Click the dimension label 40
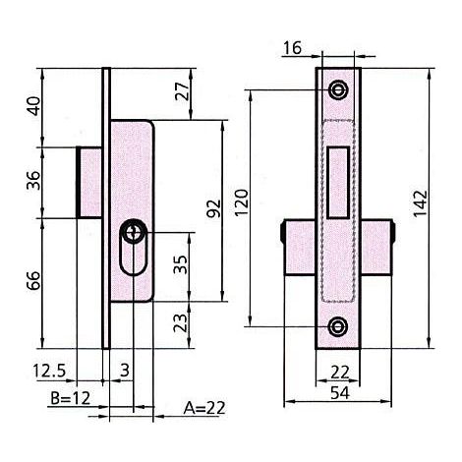click(33, 106)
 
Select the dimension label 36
click(33, 180)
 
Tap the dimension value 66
click(33, 280)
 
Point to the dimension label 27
click(182, 91)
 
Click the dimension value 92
click(214, 208)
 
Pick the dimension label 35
click(181, 264)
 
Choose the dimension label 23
click(181, 323)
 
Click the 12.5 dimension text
click(49, 372)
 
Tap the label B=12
click(70, 398)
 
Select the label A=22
click(204, 408)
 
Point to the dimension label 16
click(292, 48)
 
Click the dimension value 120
click(242, 202)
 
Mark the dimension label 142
click(420, 203)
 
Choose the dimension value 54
click(340, 393)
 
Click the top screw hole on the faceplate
click(338, 89)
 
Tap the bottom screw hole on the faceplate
click(338, 326)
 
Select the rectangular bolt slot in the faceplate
click(338, 182)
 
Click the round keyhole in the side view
click(133, 232)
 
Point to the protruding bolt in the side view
click(89, 182)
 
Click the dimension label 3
click(125, 371)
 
